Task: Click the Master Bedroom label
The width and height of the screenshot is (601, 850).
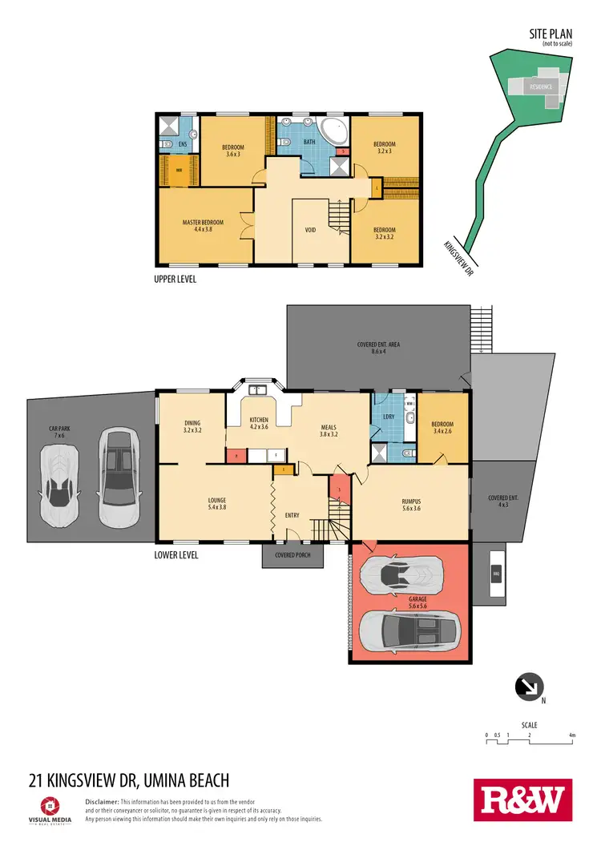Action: [202, 225]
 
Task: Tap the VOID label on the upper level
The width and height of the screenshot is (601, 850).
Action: [310, 231]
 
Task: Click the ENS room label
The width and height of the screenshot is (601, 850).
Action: [183, 144]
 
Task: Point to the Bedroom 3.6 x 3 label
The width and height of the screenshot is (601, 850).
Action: [233, 150]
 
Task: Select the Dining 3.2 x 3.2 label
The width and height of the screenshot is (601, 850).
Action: [192, 426]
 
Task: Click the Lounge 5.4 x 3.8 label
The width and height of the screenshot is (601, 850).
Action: [216, 504]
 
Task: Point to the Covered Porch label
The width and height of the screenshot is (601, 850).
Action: [292, 555]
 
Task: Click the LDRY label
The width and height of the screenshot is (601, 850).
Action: [389, 417]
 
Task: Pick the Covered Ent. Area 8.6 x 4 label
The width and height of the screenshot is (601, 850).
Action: [378, 348]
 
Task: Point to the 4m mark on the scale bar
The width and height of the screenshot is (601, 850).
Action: [572, 735]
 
